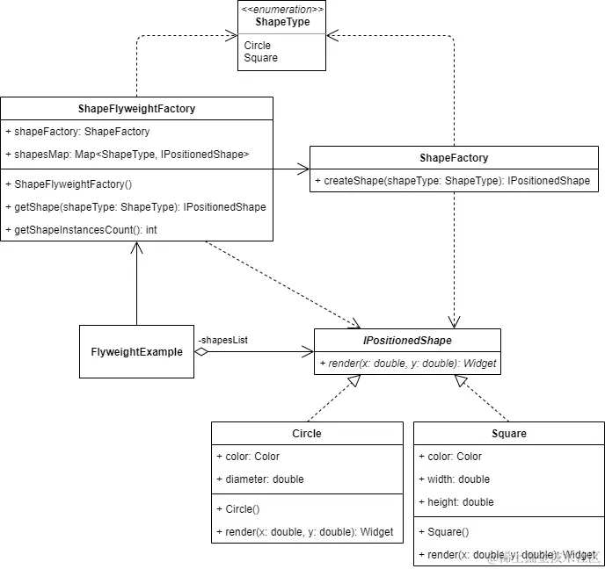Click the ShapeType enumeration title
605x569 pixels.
[x=282, y=22]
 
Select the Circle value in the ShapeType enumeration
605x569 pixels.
[x=258, y=46]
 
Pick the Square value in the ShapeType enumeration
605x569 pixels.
[x=260, y=58]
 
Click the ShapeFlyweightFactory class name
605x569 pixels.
[x=136, y=109]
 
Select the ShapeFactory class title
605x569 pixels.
[x=454, y=158]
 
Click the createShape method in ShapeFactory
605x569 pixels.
[x=452, y=181]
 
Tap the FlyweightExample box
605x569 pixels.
[x=136, y=352]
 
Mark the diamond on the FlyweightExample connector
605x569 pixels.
[x=201, y=352]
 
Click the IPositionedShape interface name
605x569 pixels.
[x=407, y=341]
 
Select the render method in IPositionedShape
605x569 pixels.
[x=407, y=364]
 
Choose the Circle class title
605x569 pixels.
[x=307, y=434]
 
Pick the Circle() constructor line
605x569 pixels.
[x=237, y=509]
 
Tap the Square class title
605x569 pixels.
[x=509, y=434]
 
